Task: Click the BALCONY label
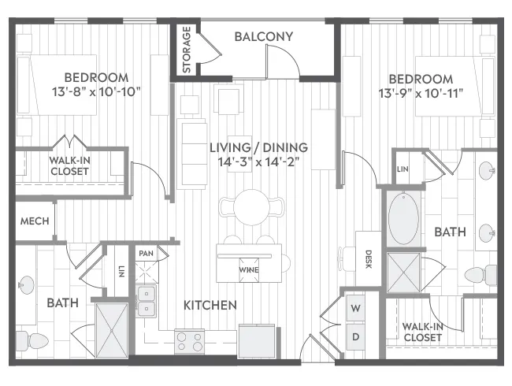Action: click(263, 36)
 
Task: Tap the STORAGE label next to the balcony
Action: click(187, 50)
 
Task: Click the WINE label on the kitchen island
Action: click(249, 269)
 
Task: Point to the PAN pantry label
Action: click(145, 254)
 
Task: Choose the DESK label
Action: click(367, 259)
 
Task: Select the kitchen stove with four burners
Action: click(189, 340)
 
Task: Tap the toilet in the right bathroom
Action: click(477, 275)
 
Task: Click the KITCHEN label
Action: click(210, 305)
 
